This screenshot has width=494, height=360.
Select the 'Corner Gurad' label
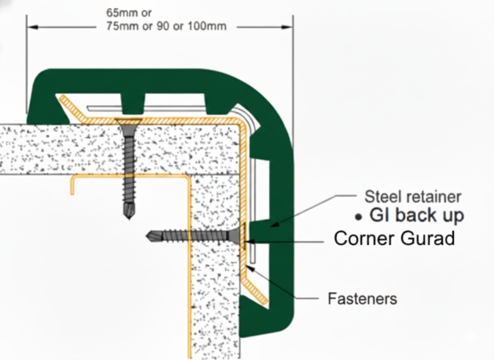(394, 238)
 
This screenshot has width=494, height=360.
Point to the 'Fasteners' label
(362, 297)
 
